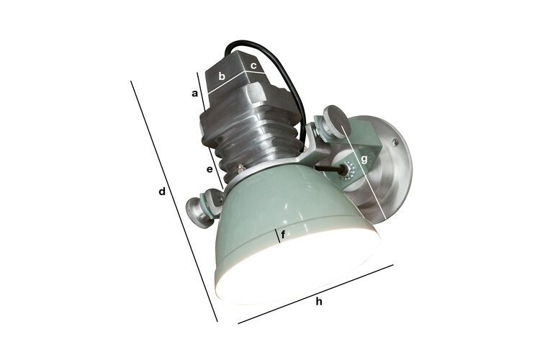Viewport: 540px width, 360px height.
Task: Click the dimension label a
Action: coord(194,94)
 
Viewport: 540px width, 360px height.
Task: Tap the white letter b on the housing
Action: coord(222,75)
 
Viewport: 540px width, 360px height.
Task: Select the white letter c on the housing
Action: coord(253,66)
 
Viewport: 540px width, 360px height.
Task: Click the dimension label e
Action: coord(210,170)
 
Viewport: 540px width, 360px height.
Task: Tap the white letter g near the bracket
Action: coord(365,159)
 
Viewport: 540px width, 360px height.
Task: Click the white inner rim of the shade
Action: coord(302,277)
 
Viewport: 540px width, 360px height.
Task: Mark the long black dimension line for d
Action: coord(173,198)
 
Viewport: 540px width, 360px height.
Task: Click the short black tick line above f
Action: coord(277,235)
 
